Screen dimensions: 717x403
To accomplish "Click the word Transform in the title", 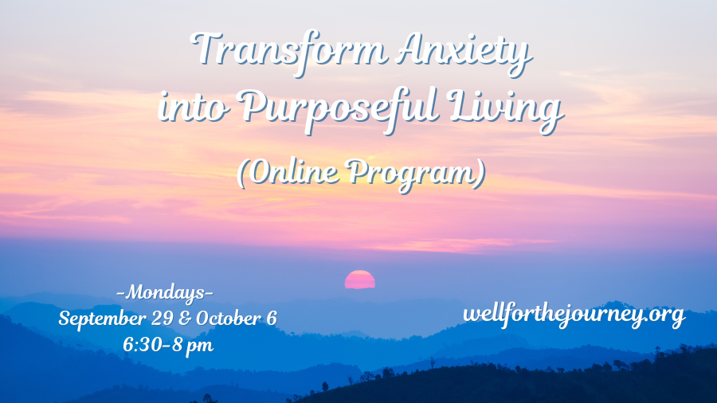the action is point(289,50).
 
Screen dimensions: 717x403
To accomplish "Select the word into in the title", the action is point(194,107).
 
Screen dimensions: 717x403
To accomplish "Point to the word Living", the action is point(505,110).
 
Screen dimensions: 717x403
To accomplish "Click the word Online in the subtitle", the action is point(295,172).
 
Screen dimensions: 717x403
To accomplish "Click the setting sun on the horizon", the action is point(360,280).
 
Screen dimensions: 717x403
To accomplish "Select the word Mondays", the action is point(165,292).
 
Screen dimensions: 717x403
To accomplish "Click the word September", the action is point(103,319).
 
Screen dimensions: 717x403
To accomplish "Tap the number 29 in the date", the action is point(163,319).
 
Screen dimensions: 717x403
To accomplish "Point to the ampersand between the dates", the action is point(185,319).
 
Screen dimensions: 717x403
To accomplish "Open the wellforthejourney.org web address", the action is point(574,315).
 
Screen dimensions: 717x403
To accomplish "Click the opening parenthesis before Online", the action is point(242,174).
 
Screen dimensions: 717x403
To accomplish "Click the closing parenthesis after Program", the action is point(480,174).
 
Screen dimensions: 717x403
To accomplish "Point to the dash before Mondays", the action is point(121,292).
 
